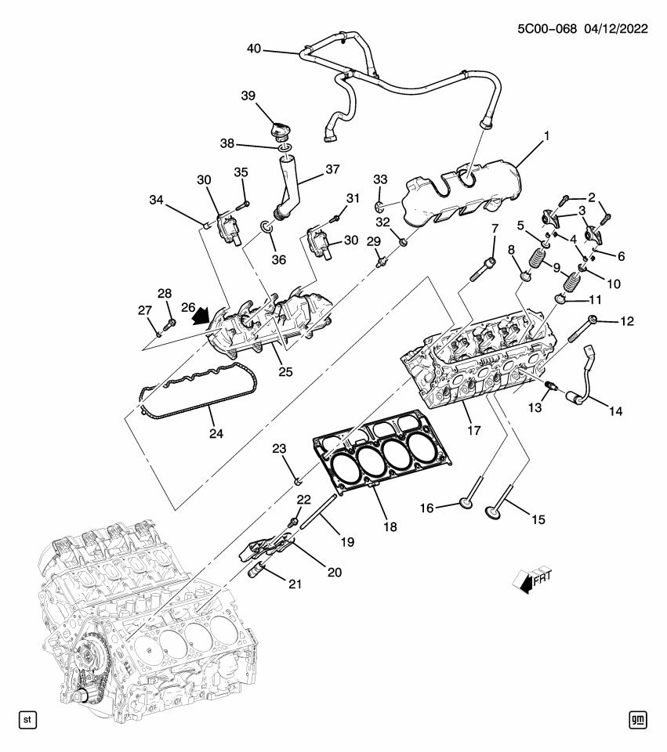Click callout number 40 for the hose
pyautogui.click(x=253, y=50)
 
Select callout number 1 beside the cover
pyautogui.click(x=546, y=136)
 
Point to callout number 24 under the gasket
pyautogui.click(x=214, y=432)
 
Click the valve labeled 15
pyautogui.click(x=495, y=510)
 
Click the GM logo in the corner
pyautogui.click(x=638, y=718)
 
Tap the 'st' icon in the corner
pyautogui.click(x=28, y=718)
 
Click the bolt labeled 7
pyautogui.click(x=482, y=269)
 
